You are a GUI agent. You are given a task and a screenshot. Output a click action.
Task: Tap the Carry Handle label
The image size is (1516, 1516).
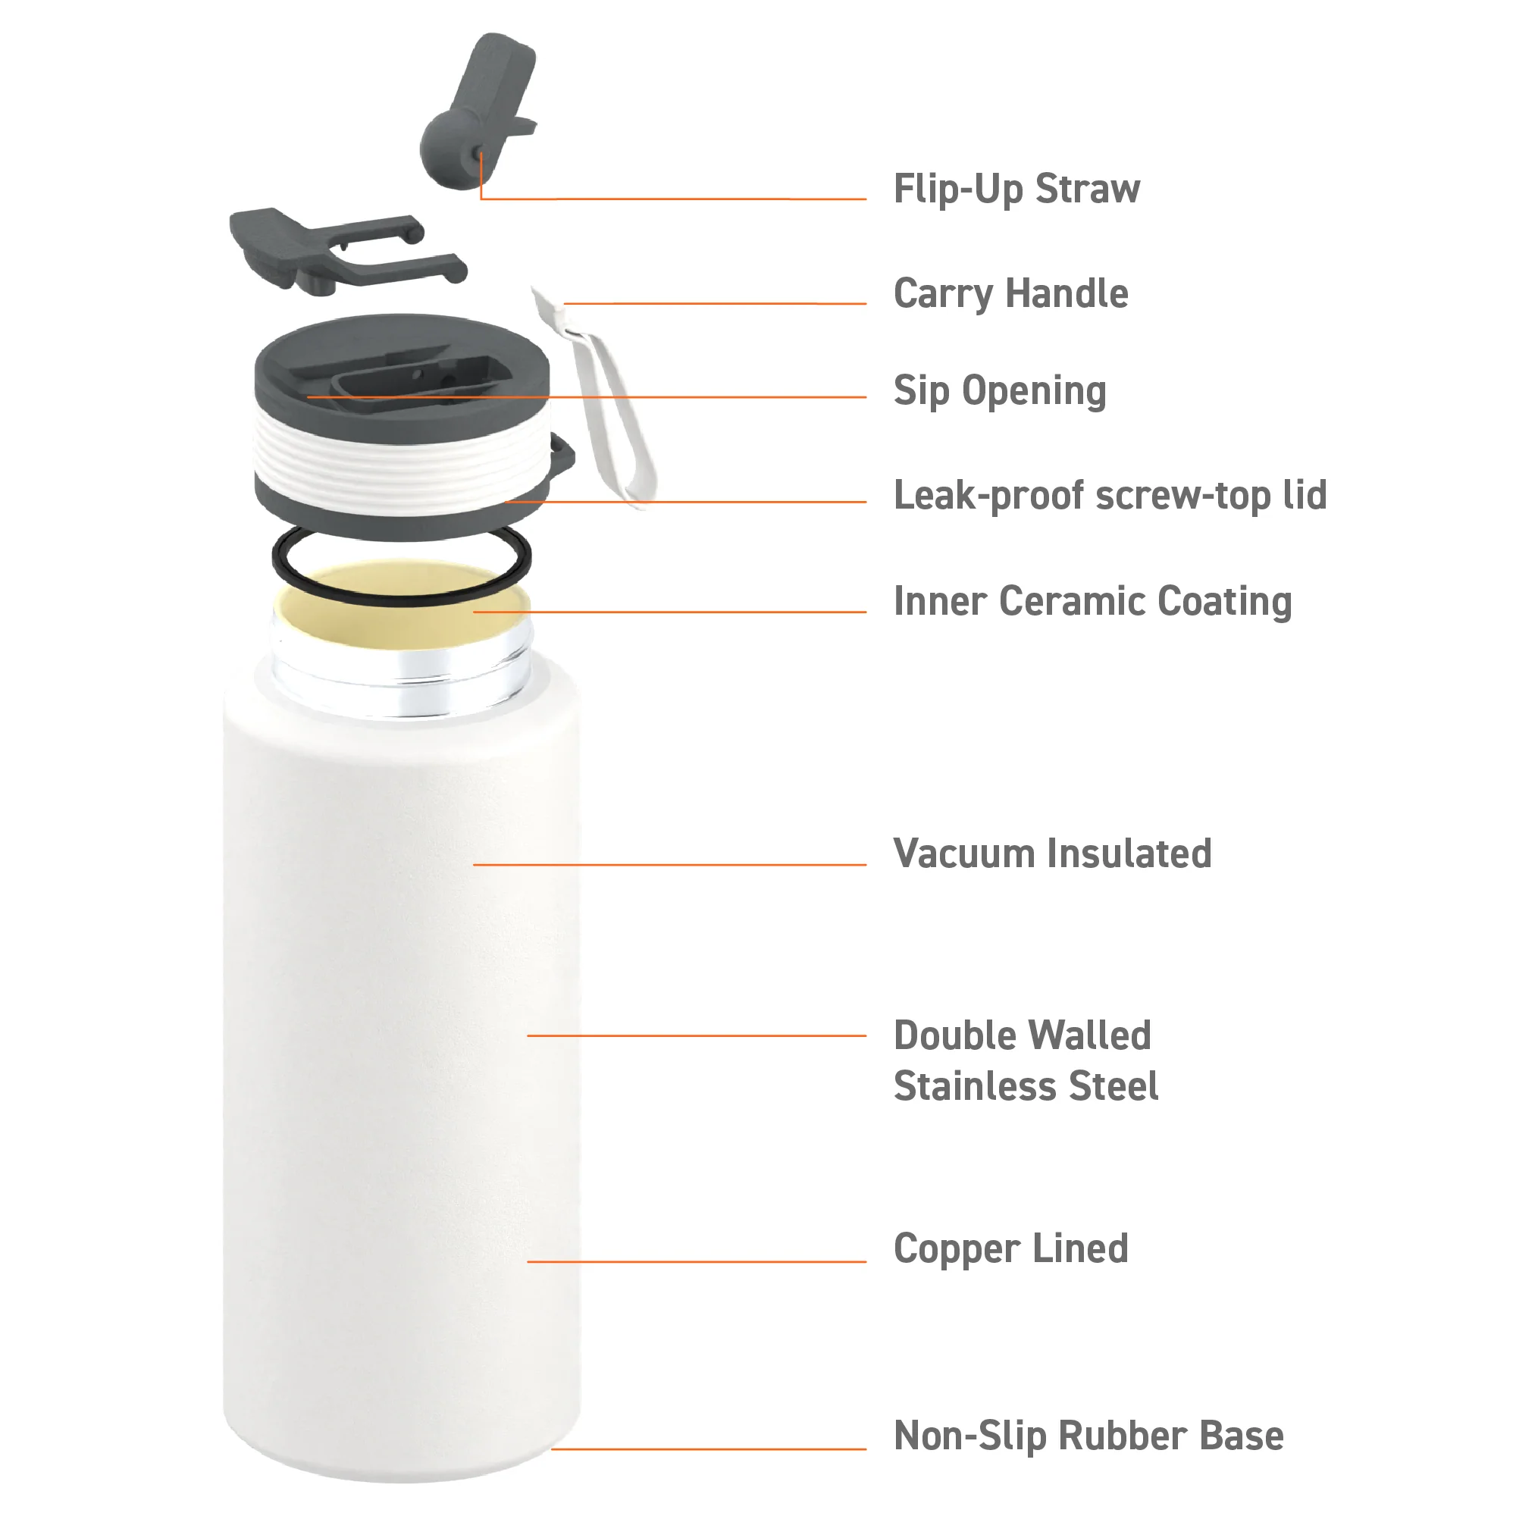pyautogui.click(x=1010, y=294)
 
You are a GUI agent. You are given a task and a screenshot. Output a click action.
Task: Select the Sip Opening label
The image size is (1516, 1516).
pyautogui.click(x=1000, y=391)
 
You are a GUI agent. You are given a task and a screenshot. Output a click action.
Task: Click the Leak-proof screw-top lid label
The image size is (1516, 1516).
pyautogui.click(x=1110, y=496)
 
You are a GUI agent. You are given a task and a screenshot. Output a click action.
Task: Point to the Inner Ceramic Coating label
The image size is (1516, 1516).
pyautogui.click(x=1092, y=602)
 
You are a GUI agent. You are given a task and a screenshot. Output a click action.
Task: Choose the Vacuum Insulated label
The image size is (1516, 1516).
pyautogui.click(x=1052, y=853)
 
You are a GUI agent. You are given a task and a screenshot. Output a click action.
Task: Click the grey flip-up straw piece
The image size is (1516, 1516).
pyautogui.click(x=478, y=110)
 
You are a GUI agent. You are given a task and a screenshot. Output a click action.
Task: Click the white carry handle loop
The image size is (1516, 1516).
pyautogui.click(x=604, y=400)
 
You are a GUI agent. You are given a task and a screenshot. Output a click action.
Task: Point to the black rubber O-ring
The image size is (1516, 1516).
pyautogui.click(x=274, y=559)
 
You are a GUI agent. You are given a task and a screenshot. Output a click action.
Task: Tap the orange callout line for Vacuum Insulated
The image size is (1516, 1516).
pyautogui.click(x=669, y=865)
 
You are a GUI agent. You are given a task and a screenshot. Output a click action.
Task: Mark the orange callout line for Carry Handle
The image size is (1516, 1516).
pyautogui.click(x=715, y=303)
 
